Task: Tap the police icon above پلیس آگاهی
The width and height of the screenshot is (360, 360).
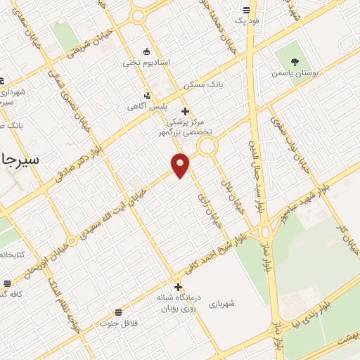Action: [146, 95]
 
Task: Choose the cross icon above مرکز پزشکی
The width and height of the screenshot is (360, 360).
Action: [185, 111]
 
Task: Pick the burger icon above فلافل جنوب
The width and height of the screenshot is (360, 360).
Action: [117, 311]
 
